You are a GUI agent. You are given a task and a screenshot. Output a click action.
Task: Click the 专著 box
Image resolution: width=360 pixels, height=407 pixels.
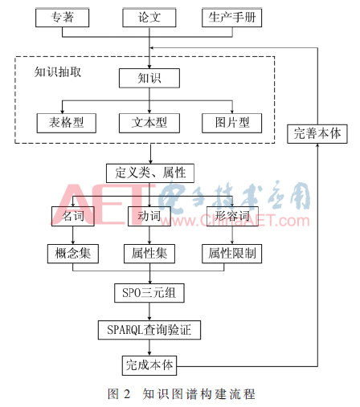pyautogui.click(x=62, y=18)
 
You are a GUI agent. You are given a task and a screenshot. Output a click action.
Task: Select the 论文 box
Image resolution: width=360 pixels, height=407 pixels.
pyautogui.click(x=149, y=18)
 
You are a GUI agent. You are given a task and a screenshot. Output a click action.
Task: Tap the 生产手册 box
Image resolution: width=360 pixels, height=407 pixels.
pyautogui.click(x=231, y=18)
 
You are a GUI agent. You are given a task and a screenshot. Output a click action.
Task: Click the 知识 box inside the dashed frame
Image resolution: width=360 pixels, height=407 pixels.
pyautogui.click(x=149, y=78)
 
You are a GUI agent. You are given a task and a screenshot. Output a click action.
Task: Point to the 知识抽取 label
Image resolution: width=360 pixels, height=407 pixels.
pyautogui.click(x=58, y=72)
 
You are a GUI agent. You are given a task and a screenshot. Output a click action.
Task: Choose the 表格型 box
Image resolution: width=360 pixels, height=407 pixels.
pyautogui.click(x=67, y=123)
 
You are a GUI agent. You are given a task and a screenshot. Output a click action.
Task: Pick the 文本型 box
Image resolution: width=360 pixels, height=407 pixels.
pyautogui.click(x=149, y=123)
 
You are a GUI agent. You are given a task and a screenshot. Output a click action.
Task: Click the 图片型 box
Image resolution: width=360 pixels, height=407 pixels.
pyautogui.click(x=231, y=123)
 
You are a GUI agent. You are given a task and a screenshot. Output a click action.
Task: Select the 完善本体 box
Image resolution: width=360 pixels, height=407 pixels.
pyautogui.click(x=317, y=134)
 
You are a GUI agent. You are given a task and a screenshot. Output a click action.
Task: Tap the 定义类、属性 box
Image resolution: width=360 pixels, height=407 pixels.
pyautogui.click(x=150, y=173)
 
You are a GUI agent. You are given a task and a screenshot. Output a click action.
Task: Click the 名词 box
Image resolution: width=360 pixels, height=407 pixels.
pyautogui.click(x=73, y=216)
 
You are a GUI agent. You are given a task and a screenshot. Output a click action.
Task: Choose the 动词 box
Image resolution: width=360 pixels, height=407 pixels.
pyautogui.click(x=149, y=216)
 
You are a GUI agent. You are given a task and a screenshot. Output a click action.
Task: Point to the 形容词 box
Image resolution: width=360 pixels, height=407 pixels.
pyautogui.click(x=232, y=216)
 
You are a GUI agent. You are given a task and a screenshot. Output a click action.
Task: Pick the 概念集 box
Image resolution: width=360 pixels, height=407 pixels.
pyautogui.click(x=73, y=254)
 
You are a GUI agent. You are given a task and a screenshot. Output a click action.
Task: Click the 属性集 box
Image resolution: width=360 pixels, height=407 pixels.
pyautogui.click(x=149, y=254)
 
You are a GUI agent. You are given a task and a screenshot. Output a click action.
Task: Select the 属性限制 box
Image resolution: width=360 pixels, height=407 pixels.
pyautogui.click(x=231, y=254)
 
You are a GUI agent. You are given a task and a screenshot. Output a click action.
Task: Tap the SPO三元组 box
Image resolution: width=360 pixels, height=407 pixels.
pyautogui.click(x=149, y=293)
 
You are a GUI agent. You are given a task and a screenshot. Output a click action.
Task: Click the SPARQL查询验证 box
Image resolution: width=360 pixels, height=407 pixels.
pyautogui.click(x=149, y=330)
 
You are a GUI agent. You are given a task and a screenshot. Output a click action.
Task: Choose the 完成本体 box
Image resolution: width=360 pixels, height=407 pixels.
pyautogui.click(x=149, y=365)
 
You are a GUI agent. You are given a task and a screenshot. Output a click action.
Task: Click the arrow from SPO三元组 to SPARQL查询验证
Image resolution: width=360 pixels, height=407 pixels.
pyautogui.click(x=149, y=311)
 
